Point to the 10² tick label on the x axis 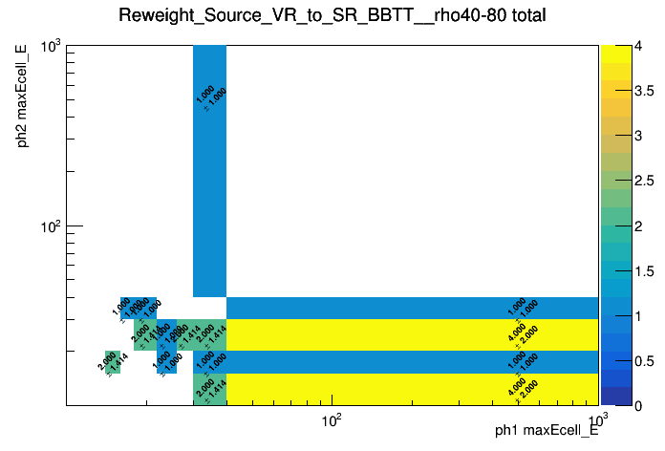point(331,420)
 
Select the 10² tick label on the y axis point(50,226)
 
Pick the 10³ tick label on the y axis point(50,46)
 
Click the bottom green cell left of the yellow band point(209,388)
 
